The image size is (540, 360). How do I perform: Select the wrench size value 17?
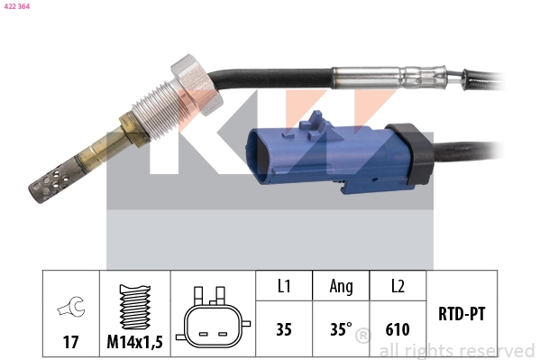pyautogui.click(x=70, y=343)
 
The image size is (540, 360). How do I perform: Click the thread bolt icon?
pyautogui.click(x=134, y=307)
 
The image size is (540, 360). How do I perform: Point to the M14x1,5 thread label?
pyautogui.click(x=134, y=343)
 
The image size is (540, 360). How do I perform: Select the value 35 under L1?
pyautogui.click(x=283, y=329)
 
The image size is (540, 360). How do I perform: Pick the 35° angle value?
pyautogui.click(x=340, y=329)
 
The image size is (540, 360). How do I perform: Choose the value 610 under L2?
pyautogui.click(x=397, y=329)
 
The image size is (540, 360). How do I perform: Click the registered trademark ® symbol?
pyautogui.click(x=363, y=337)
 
